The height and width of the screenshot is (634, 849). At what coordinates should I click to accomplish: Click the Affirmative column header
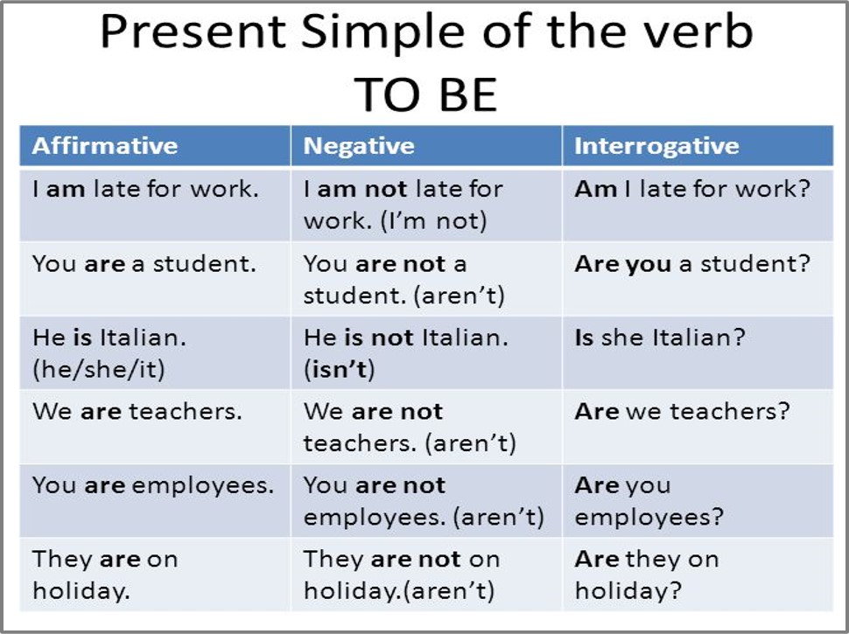click(x=105, y=146)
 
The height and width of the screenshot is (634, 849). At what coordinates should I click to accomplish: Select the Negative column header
click(x=359, y=146)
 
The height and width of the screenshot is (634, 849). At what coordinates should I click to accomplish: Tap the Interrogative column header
click(x=656, y=146)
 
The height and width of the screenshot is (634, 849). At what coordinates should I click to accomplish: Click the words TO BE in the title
click(x=425, y=94)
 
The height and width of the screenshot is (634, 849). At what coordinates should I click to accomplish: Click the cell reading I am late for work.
click(x=146, y=189)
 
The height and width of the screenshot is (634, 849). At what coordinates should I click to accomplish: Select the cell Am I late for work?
click(x=692, y=189)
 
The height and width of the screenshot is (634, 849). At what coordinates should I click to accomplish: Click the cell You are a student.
click(x=144, y=264)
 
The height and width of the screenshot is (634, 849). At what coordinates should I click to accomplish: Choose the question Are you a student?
click(x=692, y=264)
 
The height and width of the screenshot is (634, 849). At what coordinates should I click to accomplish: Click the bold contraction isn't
click(x=340, y=369)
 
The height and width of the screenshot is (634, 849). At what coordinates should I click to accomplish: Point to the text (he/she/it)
click(x=99, y=369)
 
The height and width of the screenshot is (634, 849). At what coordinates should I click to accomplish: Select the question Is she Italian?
click(x=660, y=338)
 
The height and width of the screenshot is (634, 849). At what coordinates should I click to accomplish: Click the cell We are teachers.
click(x=137, y=411)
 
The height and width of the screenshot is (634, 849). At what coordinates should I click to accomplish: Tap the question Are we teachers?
click(x=682, y=411)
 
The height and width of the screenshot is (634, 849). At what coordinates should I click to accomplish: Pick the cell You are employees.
click(x=153, y=484)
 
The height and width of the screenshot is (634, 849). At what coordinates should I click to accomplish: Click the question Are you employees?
click(x=649, y=500)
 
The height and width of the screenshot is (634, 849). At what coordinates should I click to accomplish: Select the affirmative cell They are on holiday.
click(x=105, y=575)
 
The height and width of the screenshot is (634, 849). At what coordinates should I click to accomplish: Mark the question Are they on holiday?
click(x=647, y=575)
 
